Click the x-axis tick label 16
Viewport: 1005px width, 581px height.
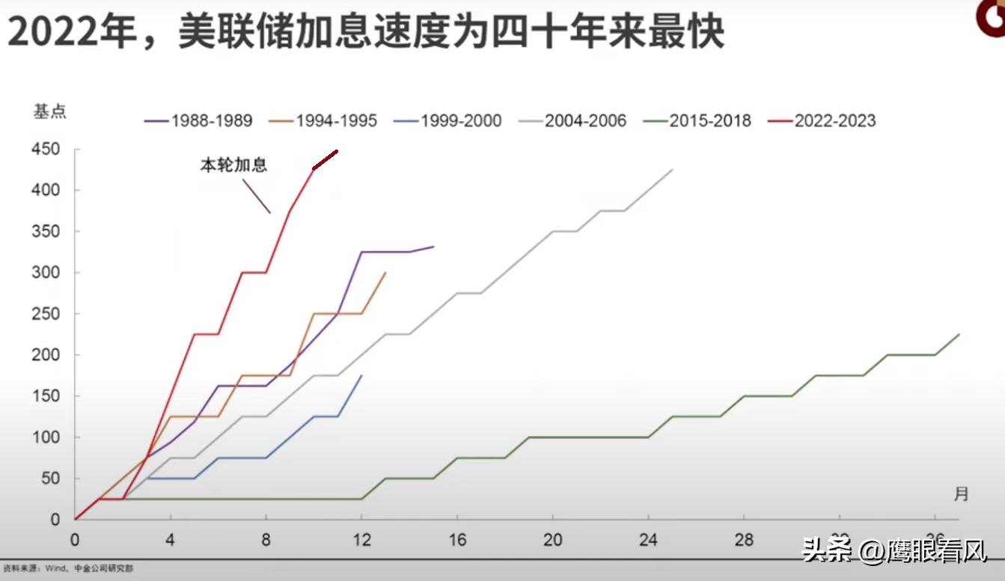coord(456,541)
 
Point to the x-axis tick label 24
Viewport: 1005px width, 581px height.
coord(647,541)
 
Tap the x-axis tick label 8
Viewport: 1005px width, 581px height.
coord(266,541)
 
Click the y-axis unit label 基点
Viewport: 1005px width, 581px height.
coord(49,111)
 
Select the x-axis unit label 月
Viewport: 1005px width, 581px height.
coord(961,494)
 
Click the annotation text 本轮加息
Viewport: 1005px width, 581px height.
coord(233,165)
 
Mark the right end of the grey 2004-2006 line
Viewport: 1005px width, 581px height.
coord(672,170)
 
